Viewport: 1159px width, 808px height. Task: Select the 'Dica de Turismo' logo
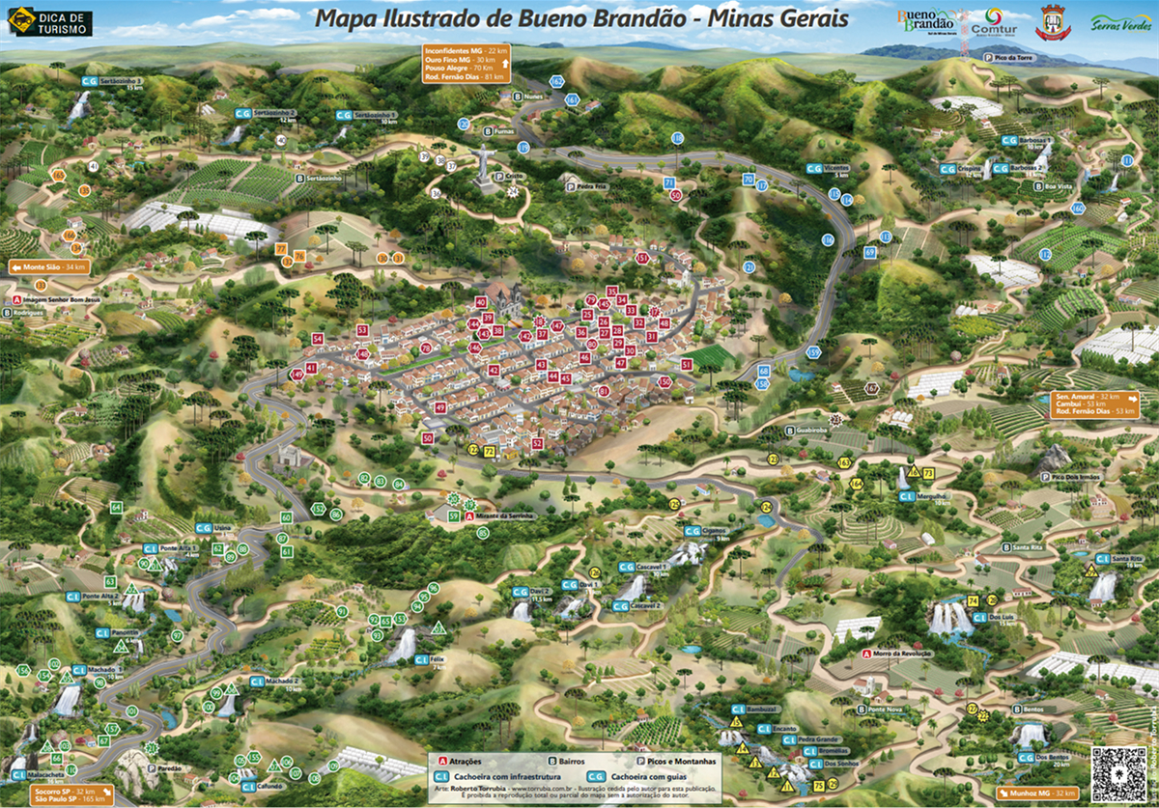click(x=49, y=23)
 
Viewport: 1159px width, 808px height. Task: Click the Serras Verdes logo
click(x=1120, y=22)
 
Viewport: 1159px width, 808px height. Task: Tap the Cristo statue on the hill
click(x=483, y=164)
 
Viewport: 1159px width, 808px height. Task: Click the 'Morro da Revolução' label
click(x=897, y=654)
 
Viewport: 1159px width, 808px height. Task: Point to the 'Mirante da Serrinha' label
click(x=504, y=516)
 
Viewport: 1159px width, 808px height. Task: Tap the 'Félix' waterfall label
click(x=421, y=659)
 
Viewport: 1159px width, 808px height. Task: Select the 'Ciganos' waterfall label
click(x=709, y=531)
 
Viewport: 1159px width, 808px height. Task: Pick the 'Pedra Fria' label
click(x=589, y=186)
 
